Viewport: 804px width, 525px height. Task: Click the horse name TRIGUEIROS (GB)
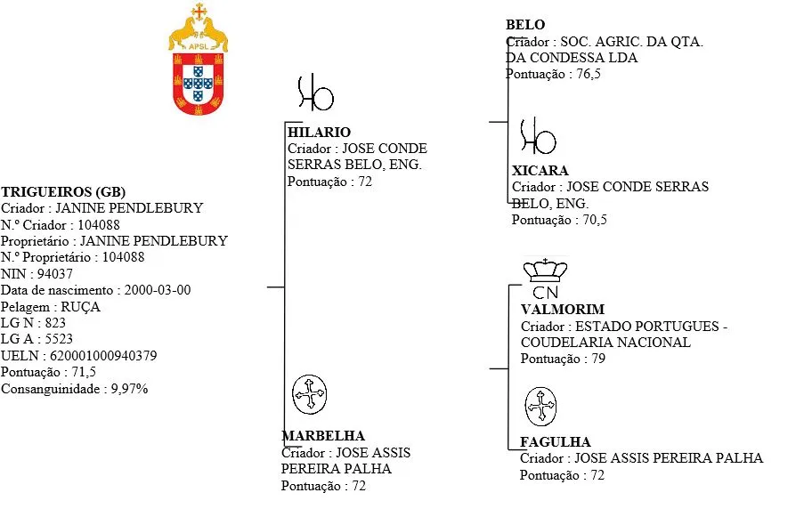[x=63, y=191]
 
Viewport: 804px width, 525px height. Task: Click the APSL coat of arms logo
[x=198, y=59]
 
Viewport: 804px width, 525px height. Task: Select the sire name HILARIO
[x=319, y=133]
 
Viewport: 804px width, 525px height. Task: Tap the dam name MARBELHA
[x=323, y=436]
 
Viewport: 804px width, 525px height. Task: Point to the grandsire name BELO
[x=525, y=25]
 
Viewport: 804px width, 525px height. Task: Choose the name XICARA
[x=540, y=171]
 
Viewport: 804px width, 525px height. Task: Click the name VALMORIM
[x=563, y=310]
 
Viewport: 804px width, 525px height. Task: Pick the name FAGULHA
[x=556, y=442]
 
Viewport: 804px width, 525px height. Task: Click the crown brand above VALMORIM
[x=545, y=278]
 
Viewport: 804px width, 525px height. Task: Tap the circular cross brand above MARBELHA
[x=309, y=394]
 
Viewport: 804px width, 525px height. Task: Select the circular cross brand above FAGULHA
[x=540, y=407]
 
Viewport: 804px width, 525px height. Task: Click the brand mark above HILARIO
[x=315, y=93]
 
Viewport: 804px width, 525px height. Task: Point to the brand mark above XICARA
[x=538, y=136]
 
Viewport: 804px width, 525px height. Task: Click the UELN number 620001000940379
[x=103, y=356]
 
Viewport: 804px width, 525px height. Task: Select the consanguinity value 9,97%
[x=129, y=389]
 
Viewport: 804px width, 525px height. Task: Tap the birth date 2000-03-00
[x=158, y=290]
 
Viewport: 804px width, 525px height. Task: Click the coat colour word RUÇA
[x=80, y=307]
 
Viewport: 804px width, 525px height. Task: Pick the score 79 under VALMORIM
[x=598, y=359]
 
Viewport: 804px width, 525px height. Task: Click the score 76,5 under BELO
[x=589, y=74]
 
